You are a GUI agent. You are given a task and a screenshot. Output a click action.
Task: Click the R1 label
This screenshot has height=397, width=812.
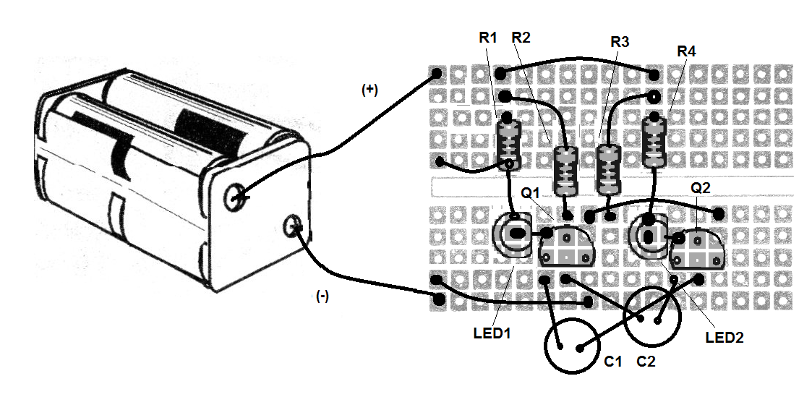[x=488, y=38]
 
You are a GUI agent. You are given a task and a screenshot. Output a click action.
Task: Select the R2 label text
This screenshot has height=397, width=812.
[x=521, y=38]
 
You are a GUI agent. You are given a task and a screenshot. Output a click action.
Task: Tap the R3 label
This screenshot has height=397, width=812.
[x=620, y=43]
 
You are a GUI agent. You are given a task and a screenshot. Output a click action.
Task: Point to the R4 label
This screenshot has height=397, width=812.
[x=686, y=52]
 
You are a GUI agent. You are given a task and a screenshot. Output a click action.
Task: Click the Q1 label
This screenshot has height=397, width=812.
[x=531, y=194]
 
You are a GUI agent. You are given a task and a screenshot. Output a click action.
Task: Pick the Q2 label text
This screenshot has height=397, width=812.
[x=701, y=188]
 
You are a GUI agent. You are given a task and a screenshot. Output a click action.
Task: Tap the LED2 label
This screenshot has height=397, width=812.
[x=725, y=337]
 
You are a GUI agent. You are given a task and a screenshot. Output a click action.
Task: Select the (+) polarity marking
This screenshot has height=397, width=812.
[x=369, y=90]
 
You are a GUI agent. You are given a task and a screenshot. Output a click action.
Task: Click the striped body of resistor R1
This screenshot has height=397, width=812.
[x=510, y=145]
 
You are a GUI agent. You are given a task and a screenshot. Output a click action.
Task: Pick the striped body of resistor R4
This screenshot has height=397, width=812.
[x=654, y=142]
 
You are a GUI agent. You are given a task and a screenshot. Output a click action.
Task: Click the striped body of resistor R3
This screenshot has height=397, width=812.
[x=610, y=169]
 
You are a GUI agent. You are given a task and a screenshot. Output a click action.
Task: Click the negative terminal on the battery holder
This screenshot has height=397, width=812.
[x=294, y=226]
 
